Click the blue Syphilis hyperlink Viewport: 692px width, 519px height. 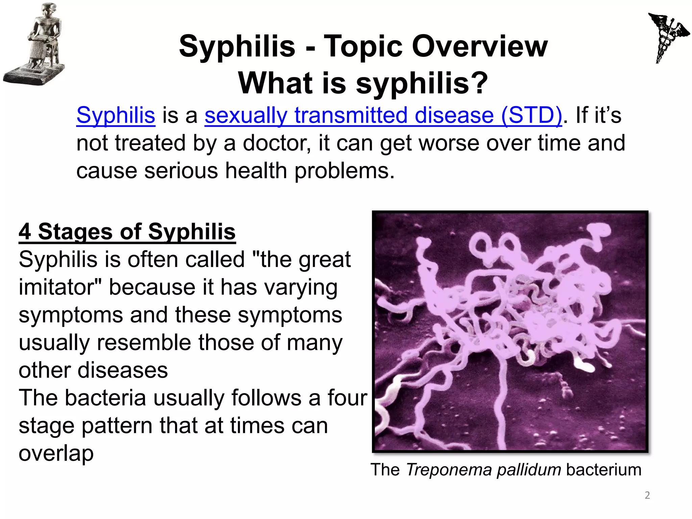116,116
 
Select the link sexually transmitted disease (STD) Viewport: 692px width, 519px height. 383,116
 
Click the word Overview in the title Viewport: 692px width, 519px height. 480,46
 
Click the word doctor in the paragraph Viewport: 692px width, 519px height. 277,143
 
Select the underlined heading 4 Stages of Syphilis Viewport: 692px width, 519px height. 127,232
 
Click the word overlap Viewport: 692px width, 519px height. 56,453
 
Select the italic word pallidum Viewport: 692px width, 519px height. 529,470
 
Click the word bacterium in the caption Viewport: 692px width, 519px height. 603,470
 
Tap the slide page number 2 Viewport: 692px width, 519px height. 647,495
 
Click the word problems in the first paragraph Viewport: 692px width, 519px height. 344,171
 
